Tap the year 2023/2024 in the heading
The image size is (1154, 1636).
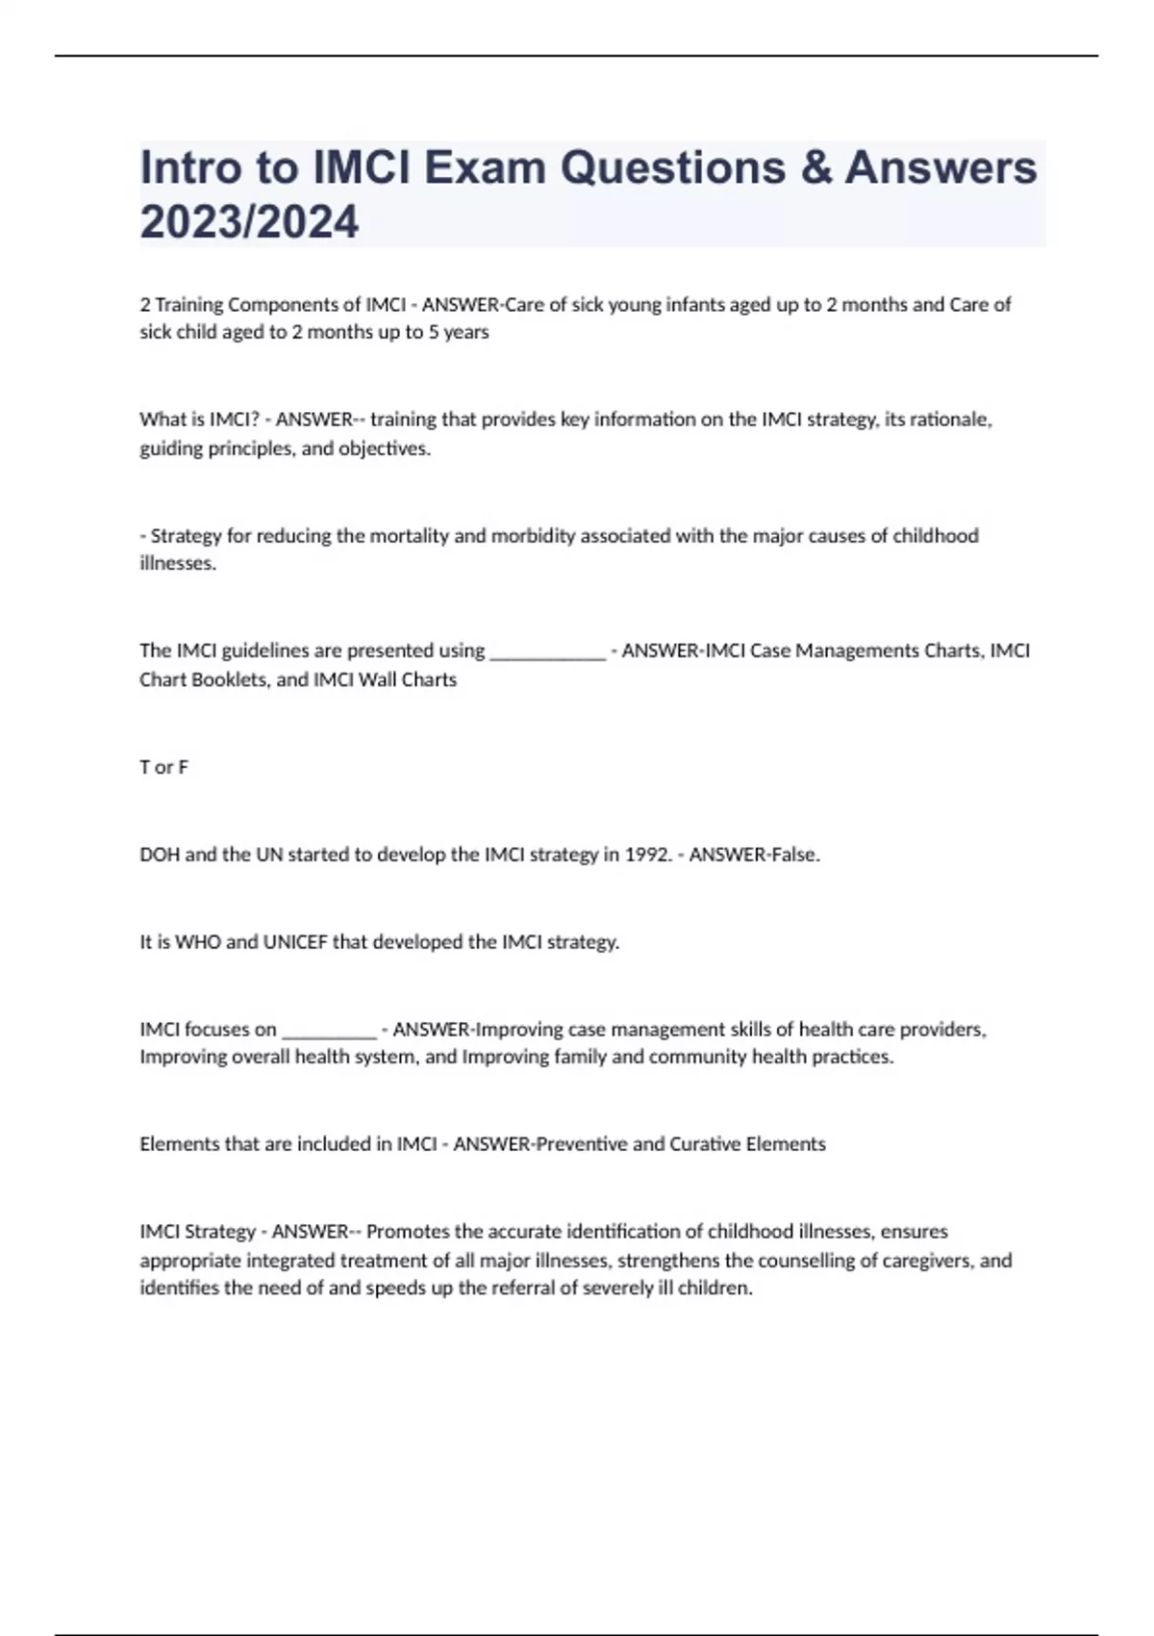pos(249,222)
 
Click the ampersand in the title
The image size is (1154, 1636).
pos(815,168)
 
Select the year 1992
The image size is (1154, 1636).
pos(646,855)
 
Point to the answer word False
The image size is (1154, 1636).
pos(795,855)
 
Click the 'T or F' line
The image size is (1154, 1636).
pos(163,767)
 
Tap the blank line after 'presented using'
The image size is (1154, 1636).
pos(547,652)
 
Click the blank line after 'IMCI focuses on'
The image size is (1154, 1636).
pos(328,1030)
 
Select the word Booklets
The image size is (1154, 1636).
pos(231,679)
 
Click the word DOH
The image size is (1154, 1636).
pos(159,855)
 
